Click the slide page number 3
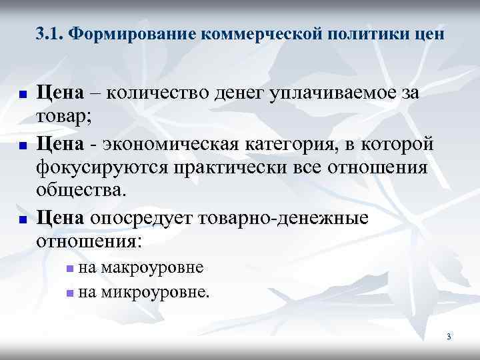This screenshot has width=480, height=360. (449, 337)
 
